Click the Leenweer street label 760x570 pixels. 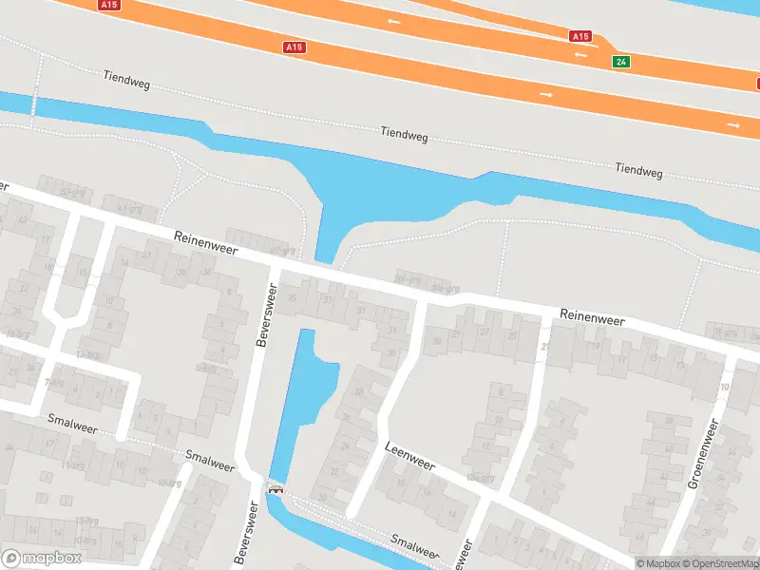click(409, 455)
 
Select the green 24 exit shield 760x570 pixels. click(621, 61)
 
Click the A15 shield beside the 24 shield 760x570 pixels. click(580, 36)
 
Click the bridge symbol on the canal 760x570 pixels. click(276, 490)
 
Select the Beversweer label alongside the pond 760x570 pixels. click(265, 317)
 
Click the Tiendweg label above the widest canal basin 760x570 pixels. click(404, 135)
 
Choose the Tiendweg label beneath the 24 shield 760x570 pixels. click(638, 170)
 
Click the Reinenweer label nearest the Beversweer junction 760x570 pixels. click(204, 244)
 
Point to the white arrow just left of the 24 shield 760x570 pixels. click(579, 55)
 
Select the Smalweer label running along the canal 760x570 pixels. click(415, 545)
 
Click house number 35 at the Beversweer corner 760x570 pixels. click(293, 298)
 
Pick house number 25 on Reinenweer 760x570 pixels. click(512, 336)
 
